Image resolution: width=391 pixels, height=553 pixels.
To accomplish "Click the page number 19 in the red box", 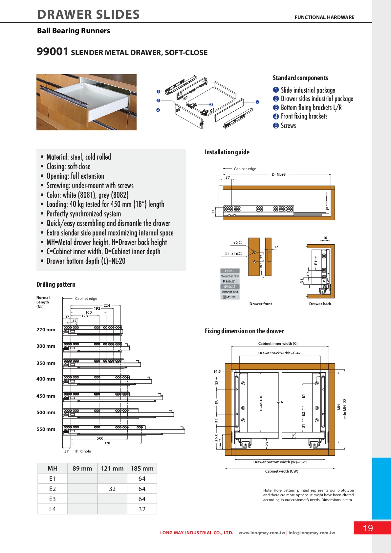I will click(x=368, y=528).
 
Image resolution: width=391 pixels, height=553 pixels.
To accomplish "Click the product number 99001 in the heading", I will click(x=53, y=52).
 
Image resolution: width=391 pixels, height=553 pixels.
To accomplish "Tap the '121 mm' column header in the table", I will click(x=112, y=469).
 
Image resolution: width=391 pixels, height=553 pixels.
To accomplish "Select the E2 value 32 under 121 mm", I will click(x=112, y=489).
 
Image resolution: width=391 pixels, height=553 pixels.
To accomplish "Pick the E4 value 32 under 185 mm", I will click(x=142, y=509).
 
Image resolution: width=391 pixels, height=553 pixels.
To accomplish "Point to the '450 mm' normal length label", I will click(x=46, y=396).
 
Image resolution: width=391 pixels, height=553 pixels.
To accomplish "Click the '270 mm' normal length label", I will click(x=46, y=330).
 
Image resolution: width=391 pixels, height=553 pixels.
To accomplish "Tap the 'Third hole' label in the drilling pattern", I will click(x=82, y=451).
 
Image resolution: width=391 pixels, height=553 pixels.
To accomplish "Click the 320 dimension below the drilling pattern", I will click(x=107, y=443).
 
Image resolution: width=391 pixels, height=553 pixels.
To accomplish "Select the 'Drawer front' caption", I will click(x=261, y=304).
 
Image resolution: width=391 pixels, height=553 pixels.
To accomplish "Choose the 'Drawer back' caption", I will click(x=320, y=304).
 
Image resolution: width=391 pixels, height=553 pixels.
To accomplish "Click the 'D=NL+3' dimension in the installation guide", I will click(x=279, y=174).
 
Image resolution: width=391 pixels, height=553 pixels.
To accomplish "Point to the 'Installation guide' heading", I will click(x=227, y=152).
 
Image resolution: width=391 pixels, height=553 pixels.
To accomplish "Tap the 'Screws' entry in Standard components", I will click(x=288, y=126).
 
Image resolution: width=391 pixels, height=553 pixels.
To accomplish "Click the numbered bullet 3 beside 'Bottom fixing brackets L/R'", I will click(x=276, y=108).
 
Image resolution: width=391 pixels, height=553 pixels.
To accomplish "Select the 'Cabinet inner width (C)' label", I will click(x=278, y=343).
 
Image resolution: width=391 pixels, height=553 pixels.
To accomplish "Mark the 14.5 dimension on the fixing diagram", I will click(x=217, y=371).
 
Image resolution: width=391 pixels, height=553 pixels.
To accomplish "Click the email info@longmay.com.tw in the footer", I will click(x=312, y=533).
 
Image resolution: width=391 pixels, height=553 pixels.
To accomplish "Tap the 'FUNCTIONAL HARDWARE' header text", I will click(x=324, y=17).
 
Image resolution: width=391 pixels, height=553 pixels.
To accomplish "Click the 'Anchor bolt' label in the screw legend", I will click(x=230, y=292).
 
